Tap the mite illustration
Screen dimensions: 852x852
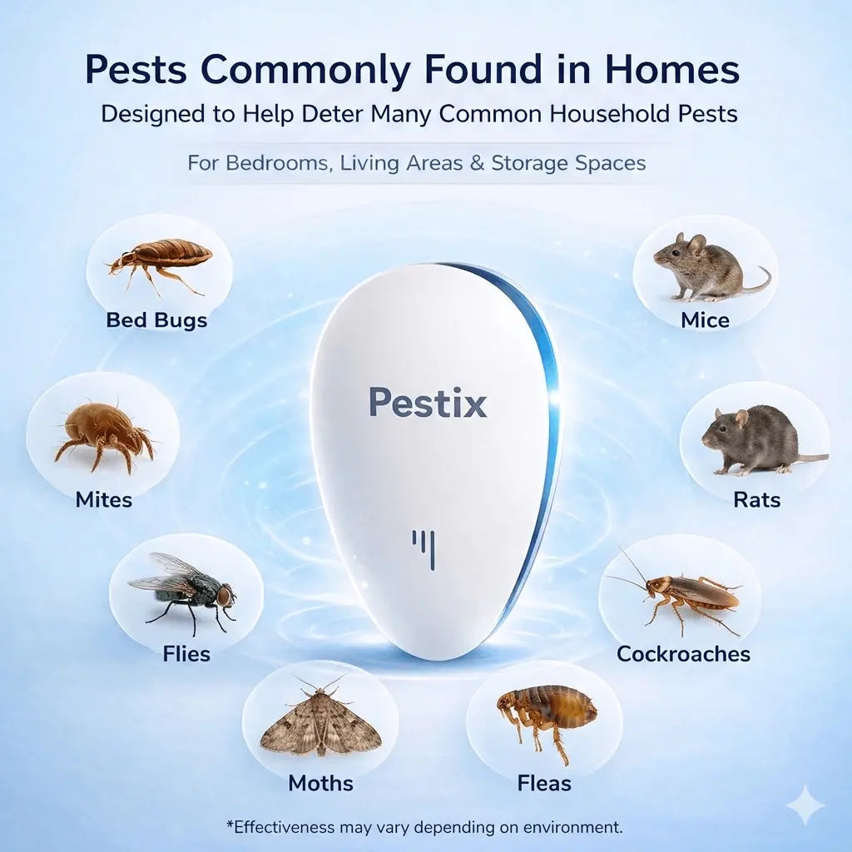pyautogui.click(x=104, y=433)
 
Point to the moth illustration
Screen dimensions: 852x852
pyautogui.click(x=320, y=720)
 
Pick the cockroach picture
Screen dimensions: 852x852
pyautogui.click(x=678, y=593)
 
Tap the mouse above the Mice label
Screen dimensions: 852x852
pyautogui.click(x=703, y=266)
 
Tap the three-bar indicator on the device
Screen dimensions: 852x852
pyautogui.click(x=424, y=549)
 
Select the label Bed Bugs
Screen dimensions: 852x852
pyautogui.click(x=156, y=320)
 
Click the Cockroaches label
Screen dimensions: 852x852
pyautogui.click(x=683, y=654)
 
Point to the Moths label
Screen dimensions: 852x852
pyautogui.click(x=320, y=783)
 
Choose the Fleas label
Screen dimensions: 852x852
pyautogui.click(x=544, y=783)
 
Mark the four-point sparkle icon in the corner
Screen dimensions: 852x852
pyautogui.click(x=805, y=805)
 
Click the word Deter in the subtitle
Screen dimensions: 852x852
pyautogui.click(x=333, y=114)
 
